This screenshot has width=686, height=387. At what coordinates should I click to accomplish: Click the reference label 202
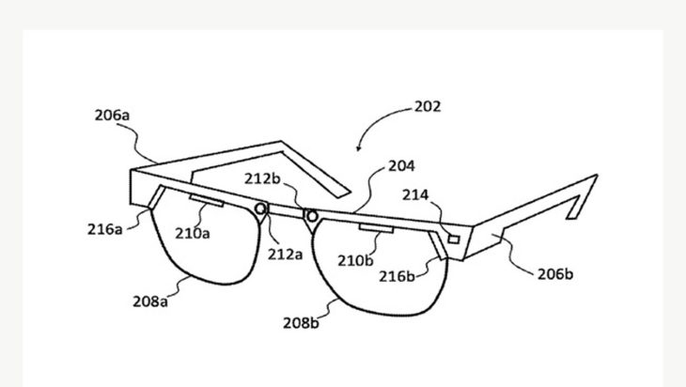point(428,107)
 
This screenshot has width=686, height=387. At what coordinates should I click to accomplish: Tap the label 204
point(401,166)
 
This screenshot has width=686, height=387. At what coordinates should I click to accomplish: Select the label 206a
point(113,116)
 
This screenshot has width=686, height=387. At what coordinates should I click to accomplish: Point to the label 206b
point(555,274)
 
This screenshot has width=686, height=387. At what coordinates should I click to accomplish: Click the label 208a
point(150,302)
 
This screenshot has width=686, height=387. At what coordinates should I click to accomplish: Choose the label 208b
point(301,323)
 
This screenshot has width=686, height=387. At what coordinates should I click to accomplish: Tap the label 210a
point(193,234)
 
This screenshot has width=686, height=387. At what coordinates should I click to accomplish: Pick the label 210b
point(355,261)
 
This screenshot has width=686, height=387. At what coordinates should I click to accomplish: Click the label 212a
point(286,255)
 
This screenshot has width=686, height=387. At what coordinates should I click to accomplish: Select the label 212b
point(262,178)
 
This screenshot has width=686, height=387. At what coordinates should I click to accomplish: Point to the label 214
point(415,195)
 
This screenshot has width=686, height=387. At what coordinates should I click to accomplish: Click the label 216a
point(105,229)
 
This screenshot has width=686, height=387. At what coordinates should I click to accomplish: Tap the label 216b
point(397,277)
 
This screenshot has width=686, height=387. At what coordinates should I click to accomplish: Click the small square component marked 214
point(454,240)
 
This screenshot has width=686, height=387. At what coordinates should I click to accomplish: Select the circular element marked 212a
point(260,209)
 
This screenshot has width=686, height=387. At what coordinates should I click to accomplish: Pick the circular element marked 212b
point(312,216)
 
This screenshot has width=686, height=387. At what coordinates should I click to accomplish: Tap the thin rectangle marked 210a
point(207,200)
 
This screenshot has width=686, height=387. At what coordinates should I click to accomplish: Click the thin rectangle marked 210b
point(376,228)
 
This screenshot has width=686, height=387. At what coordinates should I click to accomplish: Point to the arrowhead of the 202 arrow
point(358,148)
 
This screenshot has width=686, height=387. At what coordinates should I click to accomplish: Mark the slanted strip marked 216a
point(157,197)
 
